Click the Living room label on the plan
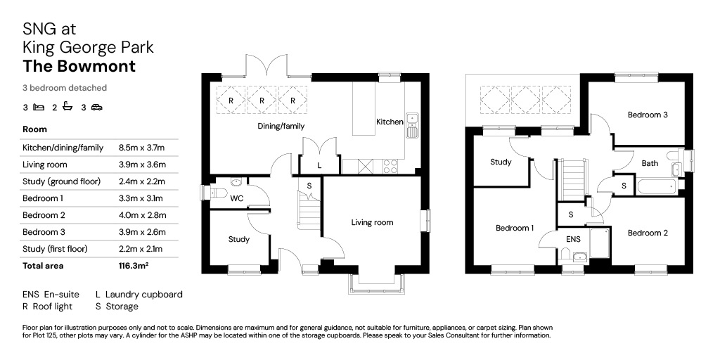point(372,223)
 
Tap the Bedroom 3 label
point(648,115)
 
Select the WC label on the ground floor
point(237,198)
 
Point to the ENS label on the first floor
point(574,239)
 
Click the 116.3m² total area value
point(133,266)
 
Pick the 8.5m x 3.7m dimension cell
point(141,148)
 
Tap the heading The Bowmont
point(79,66)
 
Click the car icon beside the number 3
point(97,108)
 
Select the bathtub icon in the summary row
point(68,107)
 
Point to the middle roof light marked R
point(262,100)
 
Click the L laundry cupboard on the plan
point(320,165)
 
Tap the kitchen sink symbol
point(412,125)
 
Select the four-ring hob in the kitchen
point(390,166)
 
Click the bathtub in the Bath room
point(657,187)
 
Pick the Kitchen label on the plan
point(390,122)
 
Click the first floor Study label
point(501,162)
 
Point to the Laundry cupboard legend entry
point(139,295)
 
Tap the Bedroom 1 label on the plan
point(515,229)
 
